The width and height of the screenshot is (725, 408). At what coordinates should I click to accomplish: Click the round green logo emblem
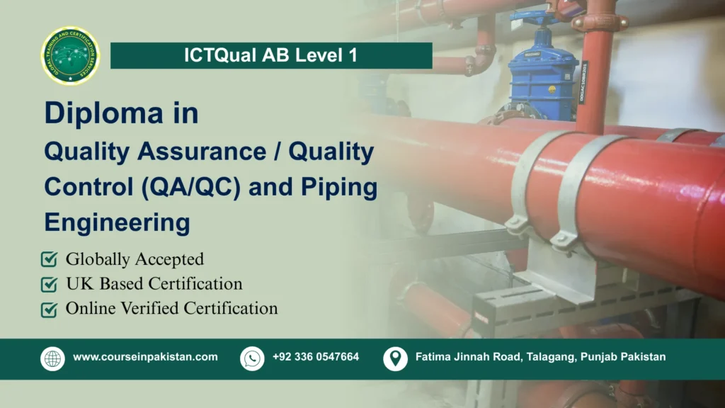[x=71, y=56]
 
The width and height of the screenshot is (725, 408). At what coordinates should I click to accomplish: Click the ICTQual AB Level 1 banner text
[x=271, y=56]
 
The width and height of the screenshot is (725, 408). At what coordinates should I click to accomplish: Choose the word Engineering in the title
[x=117, y=222]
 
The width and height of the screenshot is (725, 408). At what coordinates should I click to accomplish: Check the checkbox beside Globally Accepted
[x=50, y=260]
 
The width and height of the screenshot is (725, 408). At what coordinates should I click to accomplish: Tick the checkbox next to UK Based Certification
[x=50, y=285]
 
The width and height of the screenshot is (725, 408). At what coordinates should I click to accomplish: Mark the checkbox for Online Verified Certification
[x=50, y=310]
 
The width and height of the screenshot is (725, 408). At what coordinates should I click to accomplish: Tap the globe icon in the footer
[x=52, y=358]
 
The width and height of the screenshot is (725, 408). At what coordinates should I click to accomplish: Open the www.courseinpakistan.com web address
[x=145, y=357]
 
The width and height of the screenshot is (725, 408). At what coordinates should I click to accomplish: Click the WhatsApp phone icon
[x=252, y=358]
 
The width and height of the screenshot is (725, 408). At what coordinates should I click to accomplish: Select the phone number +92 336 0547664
[x=316, y=357]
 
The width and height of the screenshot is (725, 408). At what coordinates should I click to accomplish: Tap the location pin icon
[x=395, y=358]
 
